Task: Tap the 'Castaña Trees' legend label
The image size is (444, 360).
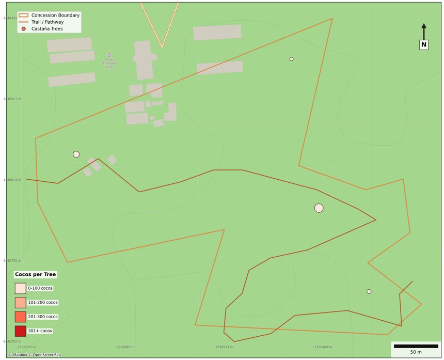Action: (47, 29)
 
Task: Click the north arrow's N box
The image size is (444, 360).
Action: (423, 45)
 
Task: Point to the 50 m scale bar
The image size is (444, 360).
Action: (416, 346)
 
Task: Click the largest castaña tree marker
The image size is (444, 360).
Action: (319, 208)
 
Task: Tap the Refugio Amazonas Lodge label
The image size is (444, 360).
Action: (109, 63)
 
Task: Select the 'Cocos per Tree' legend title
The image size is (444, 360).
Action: (36, 274)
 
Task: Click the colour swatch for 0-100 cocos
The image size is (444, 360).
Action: (20, 288)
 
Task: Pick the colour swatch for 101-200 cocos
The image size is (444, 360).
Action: (20, 303)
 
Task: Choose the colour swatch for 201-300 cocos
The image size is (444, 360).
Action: (20, 317)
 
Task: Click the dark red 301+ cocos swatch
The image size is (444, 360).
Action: (20, 331)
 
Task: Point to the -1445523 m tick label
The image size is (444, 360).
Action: (11, 99)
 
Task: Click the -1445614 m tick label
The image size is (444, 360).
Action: (11, 180)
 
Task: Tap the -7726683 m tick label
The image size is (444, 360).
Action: (125, 347)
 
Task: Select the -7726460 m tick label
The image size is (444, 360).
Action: (323, 347)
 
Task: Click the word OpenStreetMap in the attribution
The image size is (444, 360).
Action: (47, 355)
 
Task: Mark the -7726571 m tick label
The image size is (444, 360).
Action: (224, 347)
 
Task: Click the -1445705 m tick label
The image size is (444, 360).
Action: (11, 261)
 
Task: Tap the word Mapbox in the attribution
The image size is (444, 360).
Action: (20, 355)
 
